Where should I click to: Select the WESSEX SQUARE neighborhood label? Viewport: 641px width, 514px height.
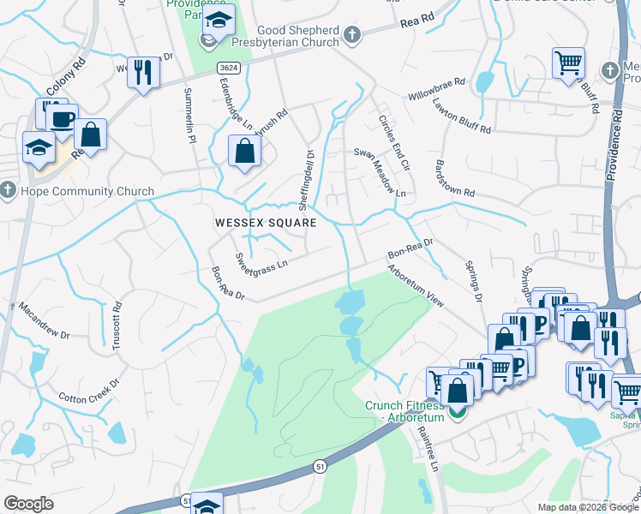(266, 223)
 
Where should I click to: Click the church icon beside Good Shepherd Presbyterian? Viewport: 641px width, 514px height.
(351, 34)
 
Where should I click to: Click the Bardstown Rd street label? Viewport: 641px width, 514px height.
(455, 177)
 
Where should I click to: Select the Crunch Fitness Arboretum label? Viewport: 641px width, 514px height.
(404, 411)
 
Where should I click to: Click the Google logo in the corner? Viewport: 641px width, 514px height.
(29, 504)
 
